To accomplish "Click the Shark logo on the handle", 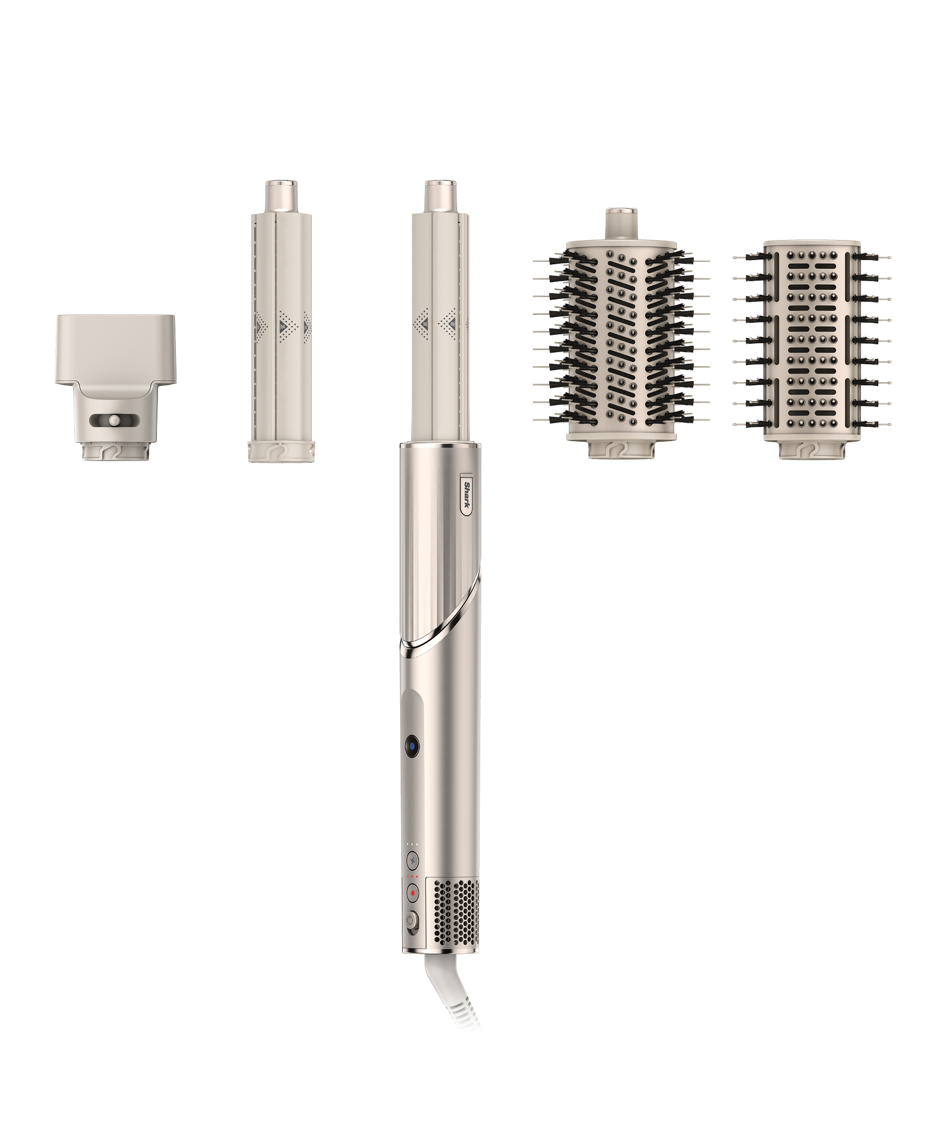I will click(466, 493).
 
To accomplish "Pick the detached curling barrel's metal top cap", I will click(281, 196).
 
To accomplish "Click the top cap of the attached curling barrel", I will click(441, 196).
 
